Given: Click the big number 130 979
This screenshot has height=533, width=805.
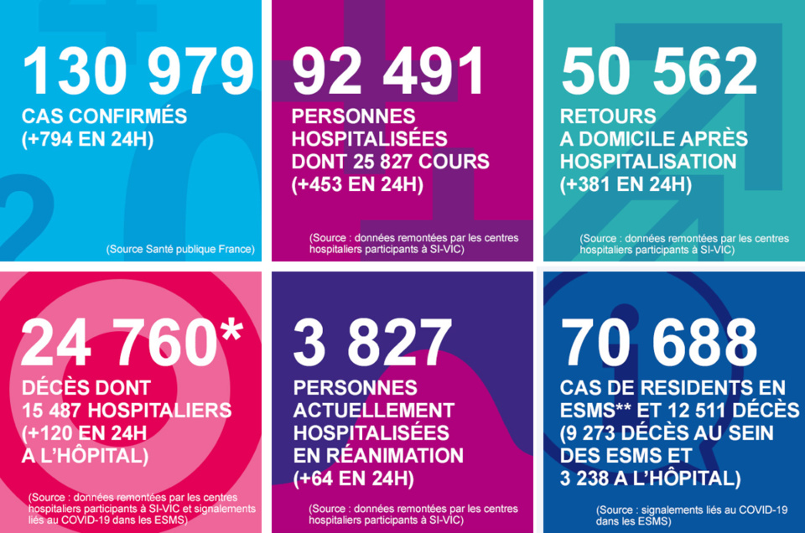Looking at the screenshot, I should pos(138,72).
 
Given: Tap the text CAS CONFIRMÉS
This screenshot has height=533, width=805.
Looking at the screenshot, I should pos(104,116).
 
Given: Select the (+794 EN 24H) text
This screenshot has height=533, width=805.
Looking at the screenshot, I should pos(87,139).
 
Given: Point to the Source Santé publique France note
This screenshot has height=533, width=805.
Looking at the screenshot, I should pos(180,249).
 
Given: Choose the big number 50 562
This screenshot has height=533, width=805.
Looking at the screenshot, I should pos(659,72).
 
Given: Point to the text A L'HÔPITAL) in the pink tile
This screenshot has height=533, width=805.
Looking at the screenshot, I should pos(87,456).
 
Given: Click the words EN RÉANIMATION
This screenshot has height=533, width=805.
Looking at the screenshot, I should pos(377,456).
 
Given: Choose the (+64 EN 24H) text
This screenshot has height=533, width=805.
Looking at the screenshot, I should pos(353,479).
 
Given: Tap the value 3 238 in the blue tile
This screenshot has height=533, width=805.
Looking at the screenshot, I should pos(592,479).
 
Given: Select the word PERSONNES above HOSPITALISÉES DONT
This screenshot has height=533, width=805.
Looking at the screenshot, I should pos(354,116).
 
